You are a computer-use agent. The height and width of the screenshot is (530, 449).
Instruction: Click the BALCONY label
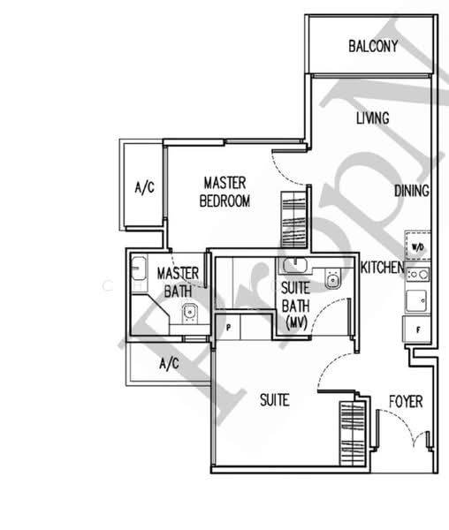click(372, 47)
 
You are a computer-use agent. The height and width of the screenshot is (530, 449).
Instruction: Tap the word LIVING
click(373, 118)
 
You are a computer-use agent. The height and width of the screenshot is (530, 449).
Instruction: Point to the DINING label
click(412, 191)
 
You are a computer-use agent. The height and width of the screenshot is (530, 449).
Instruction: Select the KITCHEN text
click(382, 267)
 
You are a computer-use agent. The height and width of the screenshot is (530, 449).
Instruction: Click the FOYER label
click(406, 402)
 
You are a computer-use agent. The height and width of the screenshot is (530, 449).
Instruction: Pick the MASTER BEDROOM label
click(224, 192)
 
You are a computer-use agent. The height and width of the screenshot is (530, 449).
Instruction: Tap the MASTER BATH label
click(178, 281)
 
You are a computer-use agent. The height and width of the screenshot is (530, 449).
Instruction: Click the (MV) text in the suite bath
click(296, 323)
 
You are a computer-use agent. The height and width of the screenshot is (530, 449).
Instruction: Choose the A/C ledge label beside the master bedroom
click(144, 187)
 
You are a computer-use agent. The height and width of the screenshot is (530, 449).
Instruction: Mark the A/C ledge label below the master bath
click(169, 363)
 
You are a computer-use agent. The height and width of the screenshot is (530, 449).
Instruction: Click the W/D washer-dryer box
click(416, 246)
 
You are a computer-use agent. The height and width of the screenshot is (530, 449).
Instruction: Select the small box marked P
click(229, 327)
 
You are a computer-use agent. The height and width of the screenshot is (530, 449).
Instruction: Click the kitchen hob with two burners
click(416, 275)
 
